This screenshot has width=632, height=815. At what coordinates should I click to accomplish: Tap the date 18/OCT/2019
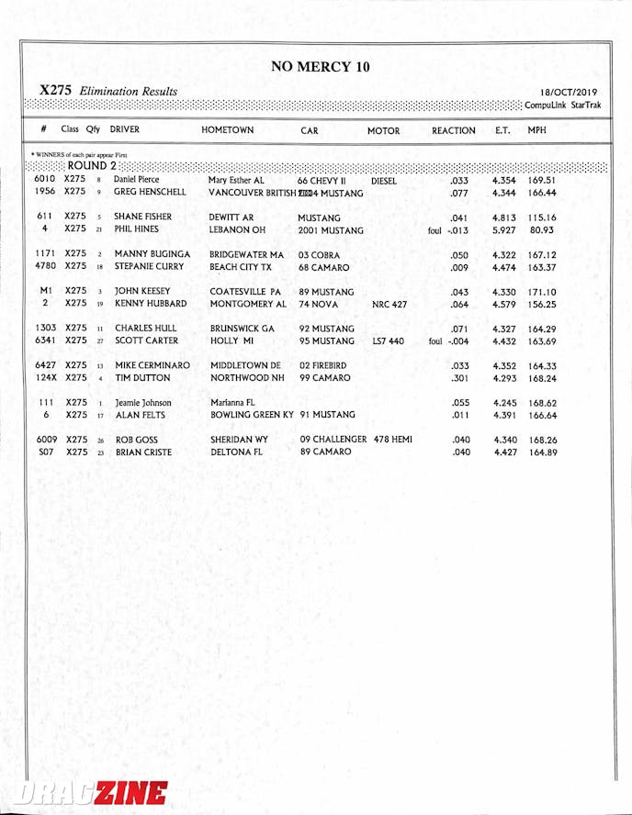click(569, 93)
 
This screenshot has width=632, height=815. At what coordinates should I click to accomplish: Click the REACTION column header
click(453, 131)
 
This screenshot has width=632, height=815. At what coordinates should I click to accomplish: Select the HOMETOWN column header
click(227, 131)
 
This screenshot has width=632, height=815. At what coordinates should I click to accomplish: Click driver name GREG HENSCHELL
click(150, 193)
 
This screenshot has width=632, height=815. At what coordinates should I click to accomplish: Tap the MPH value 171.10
click(542, 292)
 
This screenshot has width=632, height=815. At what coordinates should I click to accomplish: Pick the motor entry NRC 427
click(389, 304)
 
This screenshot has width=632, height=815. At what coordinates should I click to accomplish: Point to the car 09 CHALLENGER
click(333, 440)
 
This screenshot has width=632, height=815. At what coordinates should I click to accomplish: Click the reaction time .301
click(460, 377)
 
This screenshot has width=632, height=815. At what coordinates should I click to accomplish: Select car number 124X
click(46, 377)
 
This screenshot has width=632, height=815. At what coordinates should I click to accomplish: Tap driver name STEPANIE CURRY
click(149, 267)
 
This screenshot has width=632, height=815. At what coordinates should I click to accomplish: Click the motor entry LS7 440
click(388, 341)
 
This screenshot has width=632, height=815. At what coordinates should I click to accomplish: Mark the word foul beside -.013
click(434, 230)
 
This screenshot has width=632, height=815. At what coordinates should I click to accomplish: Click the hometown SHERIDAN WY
click(239, 440)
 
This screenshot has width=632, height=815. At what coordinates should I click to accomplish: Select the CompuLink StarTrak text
click(564, 106)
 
